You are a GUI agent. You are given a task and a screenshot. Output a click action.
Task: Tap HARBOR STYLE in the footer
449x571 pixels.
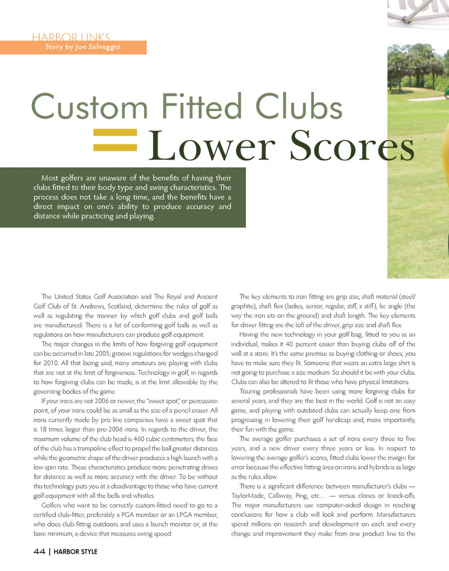pyautogui.click(x=76, y=552)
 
